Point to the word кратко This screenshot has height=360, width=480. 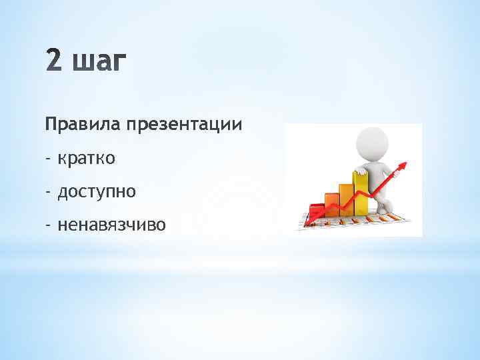tap(87, 159)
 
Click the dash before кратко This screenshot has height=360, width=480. tap(48, 159)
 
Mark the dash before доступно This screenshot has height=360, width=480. tap(48, 193)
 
